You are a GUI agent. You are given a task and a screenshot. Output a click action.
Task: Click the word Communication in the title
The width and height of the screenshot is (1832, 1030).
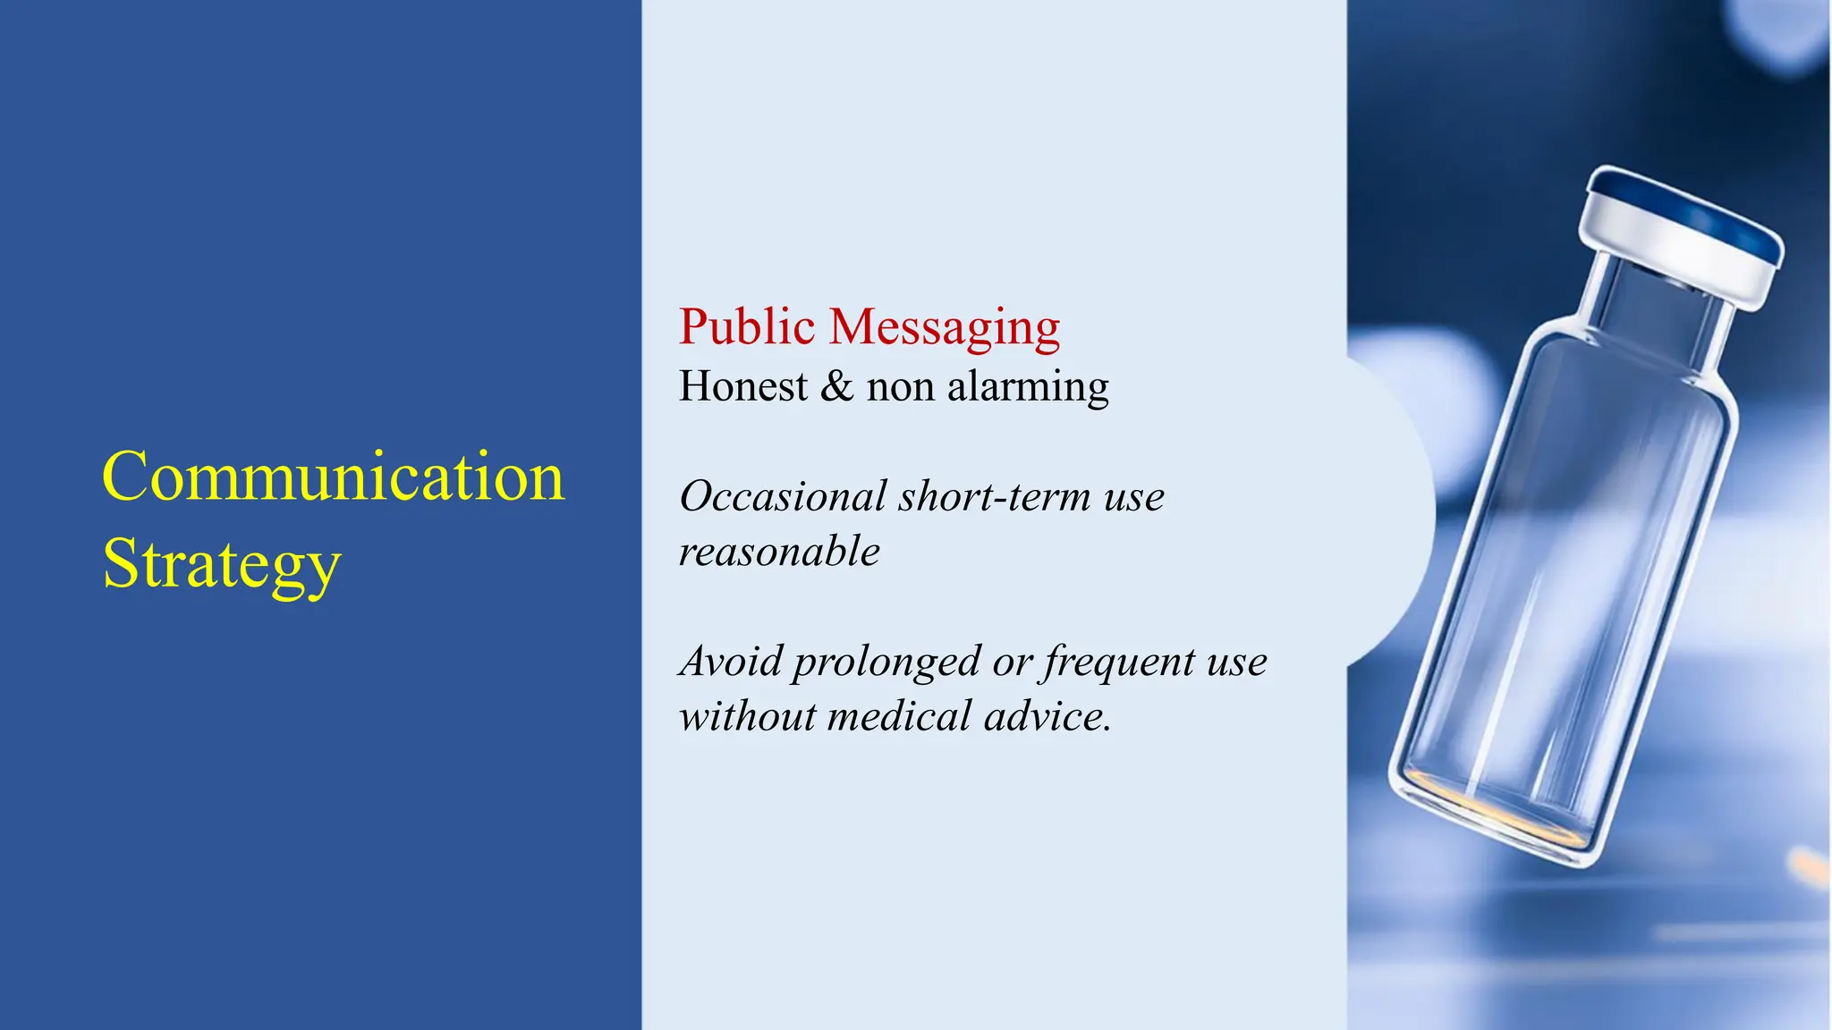click(333, 477)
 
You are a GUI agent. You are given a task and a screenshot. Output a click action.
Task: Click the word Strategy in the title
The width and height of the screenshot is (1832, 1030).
click(222, 565)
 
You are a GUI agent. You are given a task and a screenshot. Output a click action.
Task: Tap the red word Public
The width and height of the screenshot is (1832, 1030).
click(746, 326)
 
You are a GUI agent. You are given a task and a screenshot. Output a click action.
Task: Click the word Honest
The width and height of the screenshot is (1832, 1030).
click(742, 386)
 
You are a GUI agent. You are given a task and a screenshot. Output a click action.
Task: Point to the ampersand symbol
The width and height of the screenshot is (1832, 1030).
click(836, 386)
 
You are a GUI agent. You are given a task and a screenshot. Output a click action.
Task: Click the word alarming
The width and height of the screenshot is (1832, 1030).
click(1028, 388)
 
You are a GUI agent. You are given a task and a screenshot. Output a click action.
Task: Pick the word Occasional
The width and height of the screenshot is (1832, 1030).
click(783, 496)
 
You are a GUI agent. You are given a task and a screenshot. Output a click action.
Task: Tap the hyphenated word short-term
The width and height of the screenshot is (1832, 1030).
click(996, 496)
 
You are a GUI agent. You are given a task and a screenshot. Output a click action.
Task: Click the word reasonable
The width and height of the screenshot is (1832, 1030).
click(779, 552)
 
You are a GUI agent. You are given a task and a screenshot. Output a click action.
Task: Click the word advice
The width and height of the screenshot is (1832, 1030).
click(1046, 717)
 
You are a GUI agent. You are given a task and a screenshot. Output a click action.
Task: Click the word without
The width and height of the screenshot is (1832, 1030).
click(747, 717)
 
